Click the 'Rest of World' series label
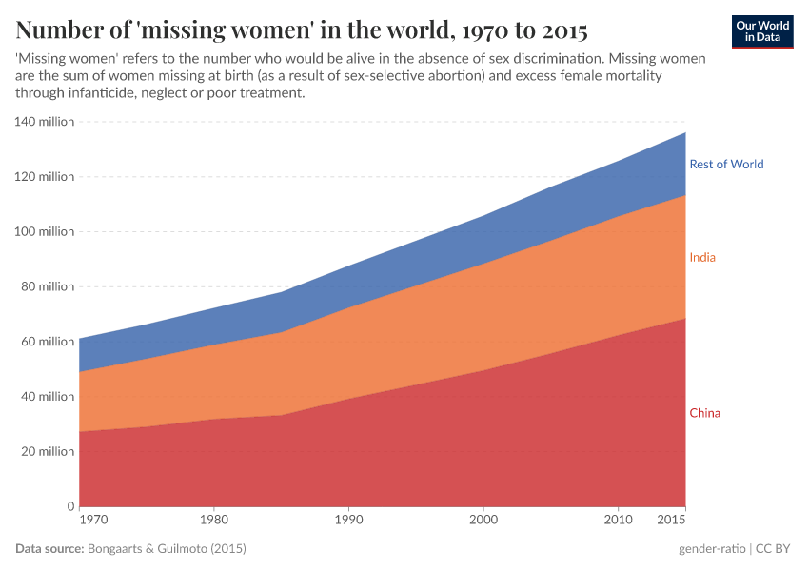[726, 164]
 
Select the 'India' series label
[702, 258]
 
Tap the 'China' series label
[704, 413]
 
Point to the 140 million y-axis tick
[44, 122]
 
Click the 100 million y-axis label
[44, 231]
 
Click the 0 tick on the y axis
[70, 506]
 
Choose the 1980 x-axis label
[214, 522]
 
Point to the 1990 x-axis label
[348, 522]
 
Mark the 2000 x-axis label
[483, 522]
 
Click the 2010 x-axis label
[619, 522]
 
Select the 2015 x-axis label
[670, 522]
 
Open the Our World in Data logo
[761, 31]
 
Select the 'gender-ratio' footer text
[712, 549]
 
